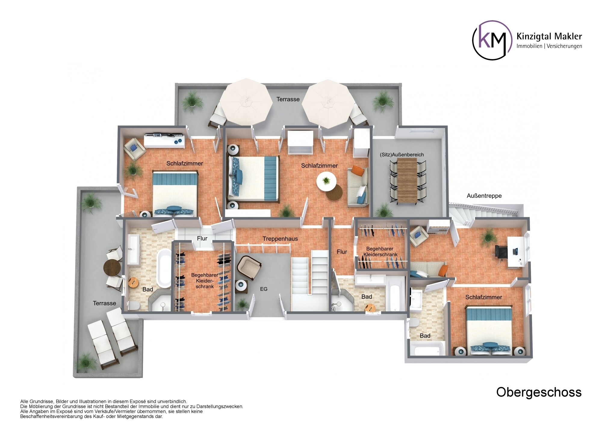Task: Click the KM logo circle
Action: [492, 40]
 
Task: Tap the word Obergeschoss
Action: [539, 392]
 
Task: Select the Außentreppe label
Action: [484, 196]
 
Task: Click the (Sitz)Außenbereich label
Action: [402, 155]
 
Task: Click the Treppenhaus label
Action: [280, 239]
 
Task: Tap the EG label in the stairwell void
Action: [264, 289]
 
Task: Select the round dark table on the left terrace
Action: [112, 266]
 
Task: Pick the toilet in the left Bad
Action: [133, 306]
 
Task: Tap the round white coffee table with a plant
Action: [326, 181]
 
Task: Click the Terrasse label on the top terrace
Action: [288, 99]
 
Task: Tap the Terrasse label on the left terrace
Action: [104, 303]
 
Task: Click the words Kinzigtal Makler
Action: [549, 37]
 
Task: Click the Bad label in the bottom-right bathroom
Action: [425, 336]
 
